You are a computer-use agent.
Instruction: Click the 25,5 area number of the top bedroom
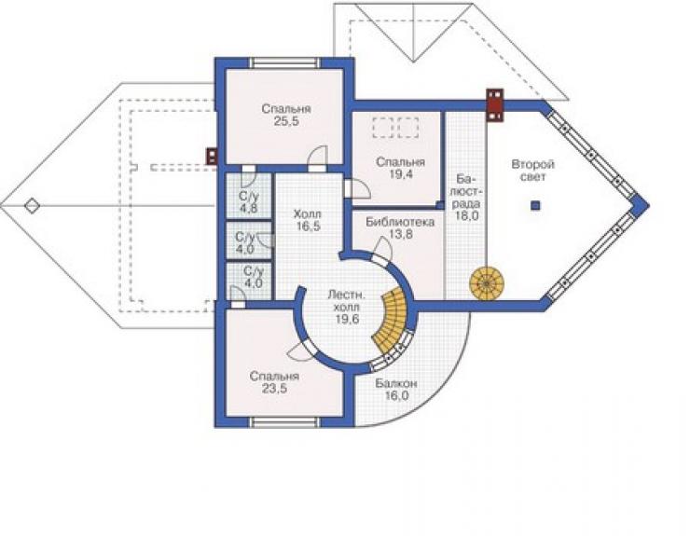coord(286,121)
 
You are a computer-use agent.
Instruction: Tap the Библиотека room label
coord(400,222)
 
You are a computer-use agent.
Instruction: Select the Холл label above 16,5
coord(307,214)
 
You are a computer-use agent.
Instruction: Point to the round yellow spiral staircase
coord(486,283)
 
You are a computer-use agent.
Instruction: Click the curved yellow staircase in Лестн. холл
coord(392,318)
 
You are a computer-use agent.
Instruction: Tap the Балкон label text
coord(396,384)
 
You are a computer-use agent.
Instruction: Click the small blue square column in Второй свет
coord(535,205)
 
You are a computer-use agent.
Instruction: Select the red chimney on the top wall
coord(494,104)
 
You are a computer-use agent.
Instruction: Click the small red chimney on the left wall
coord(212,157)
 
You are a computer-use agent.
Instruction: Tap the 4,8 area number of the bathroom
coord(249,208)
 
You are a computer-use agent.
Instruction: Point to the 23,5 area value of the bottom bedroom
coord(274,388)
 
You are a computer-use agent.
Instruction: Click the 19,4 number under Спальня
coord(401,173)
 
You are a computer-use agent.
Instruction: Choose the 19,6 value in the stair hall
coord(347,319)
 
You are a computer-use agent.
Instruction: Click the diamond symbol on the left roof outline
coord(32,205)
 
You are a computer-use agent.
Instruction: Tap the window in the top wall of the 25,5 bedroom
coord(285,63)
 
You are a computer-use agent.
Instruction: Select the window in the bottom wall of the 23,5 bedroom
coord(283,422)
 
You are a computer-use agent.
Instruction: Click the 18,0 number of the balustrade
coord(467,216)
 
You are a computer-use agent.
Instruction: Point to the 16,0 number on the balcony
coord(397,395)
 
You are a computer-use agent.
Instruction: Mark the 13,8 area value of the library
coord(400,234)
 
